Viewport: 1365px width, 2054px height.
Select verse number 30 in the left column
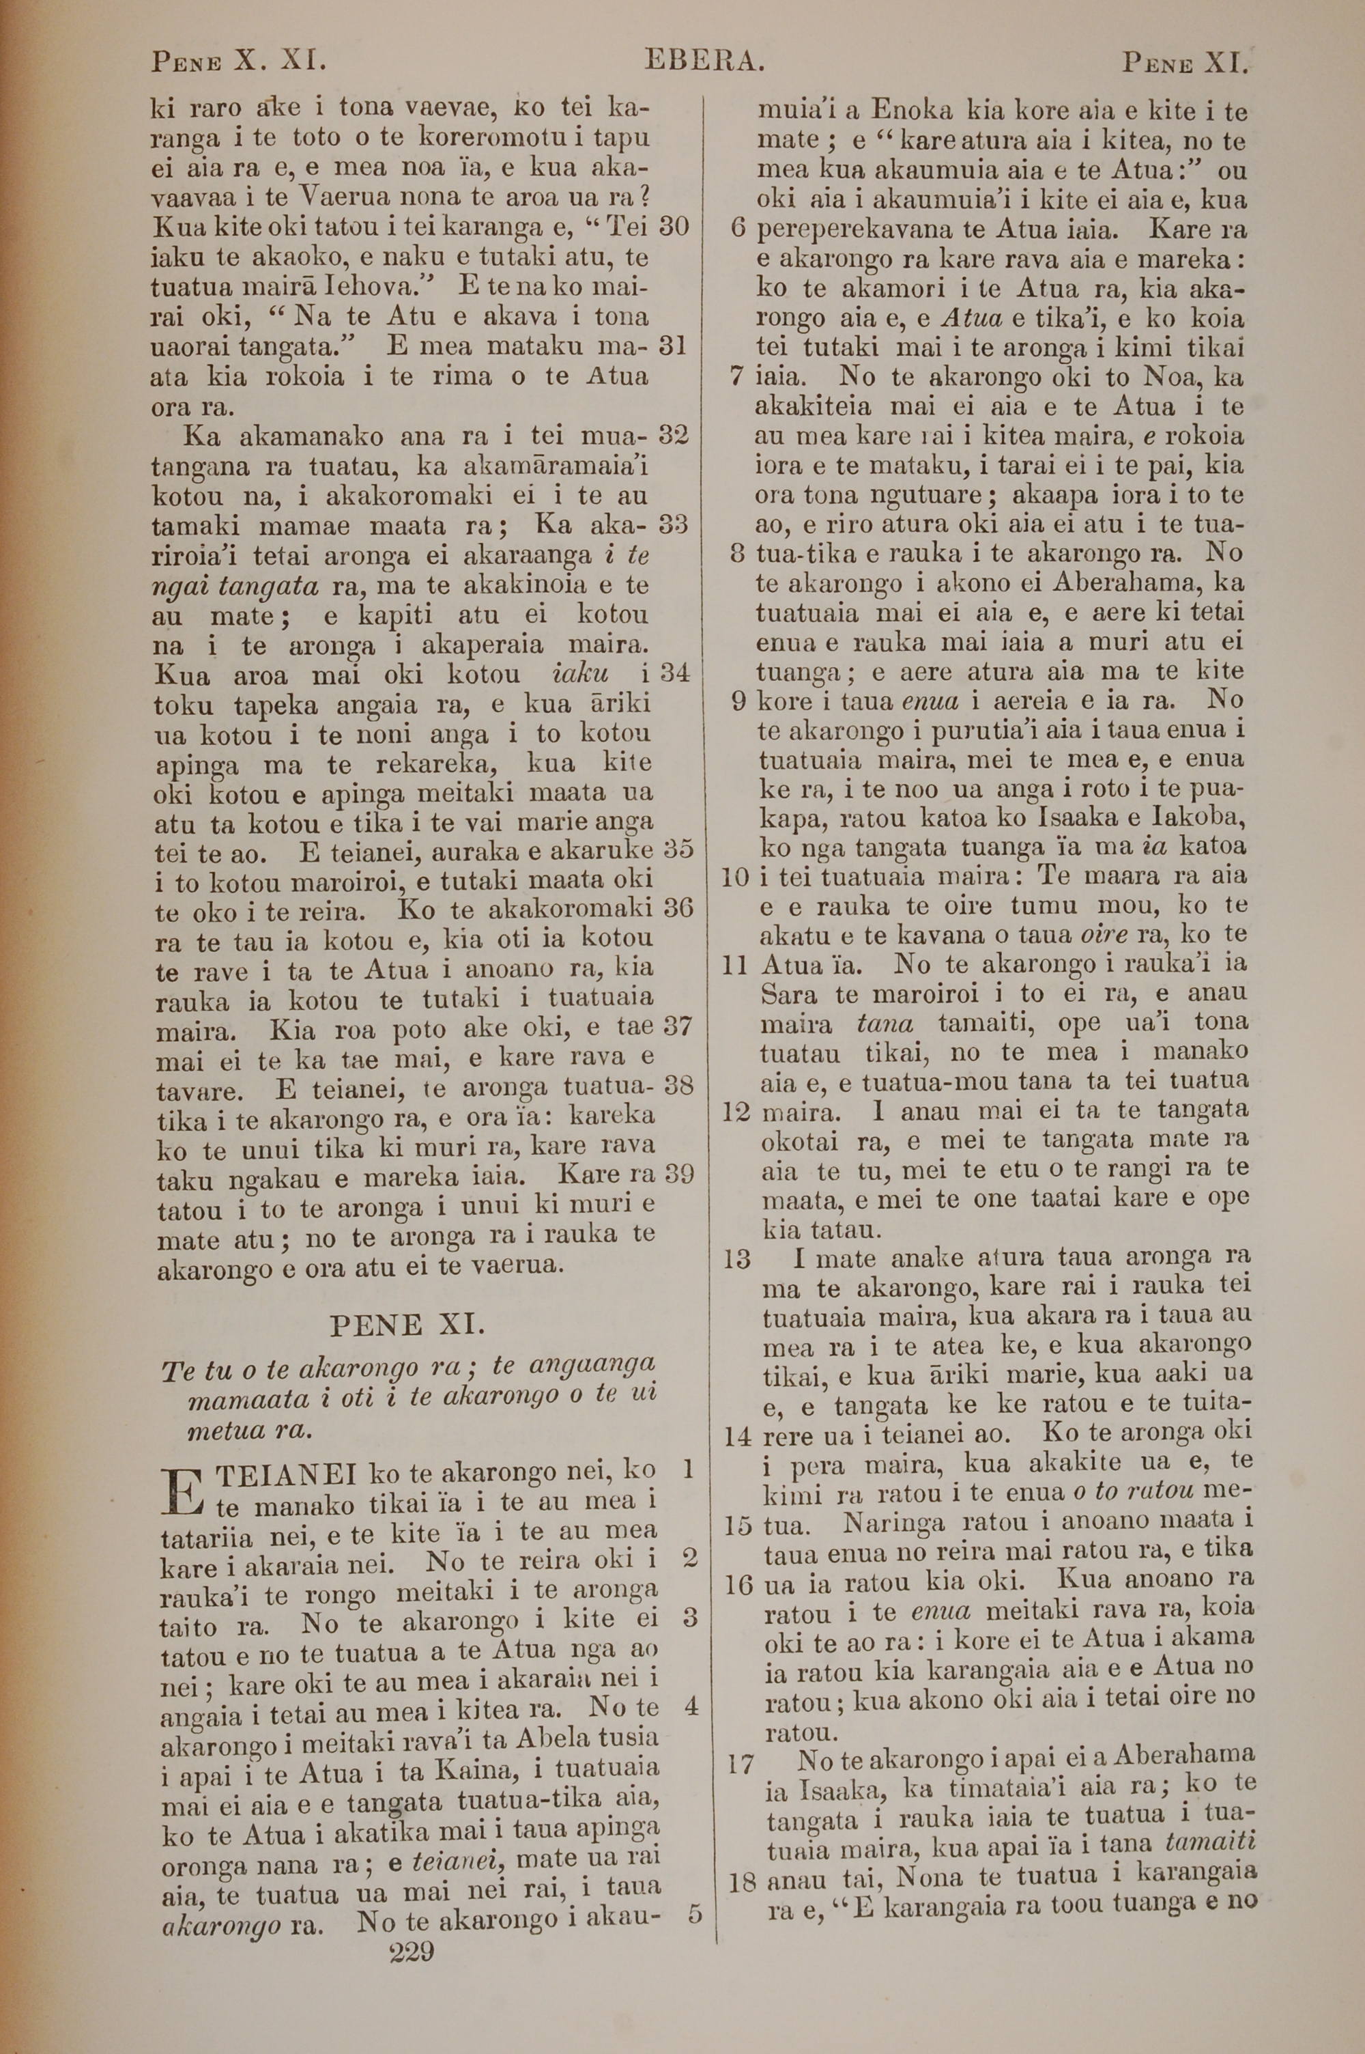tap(673, 227)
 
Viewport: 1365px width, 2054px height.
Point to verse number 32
tap(673, 434)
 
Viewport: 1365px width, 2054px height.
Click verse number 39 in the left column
tap(677, 1174)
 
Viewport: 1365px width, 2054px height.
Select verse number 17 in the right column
tap(739, 1762)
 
